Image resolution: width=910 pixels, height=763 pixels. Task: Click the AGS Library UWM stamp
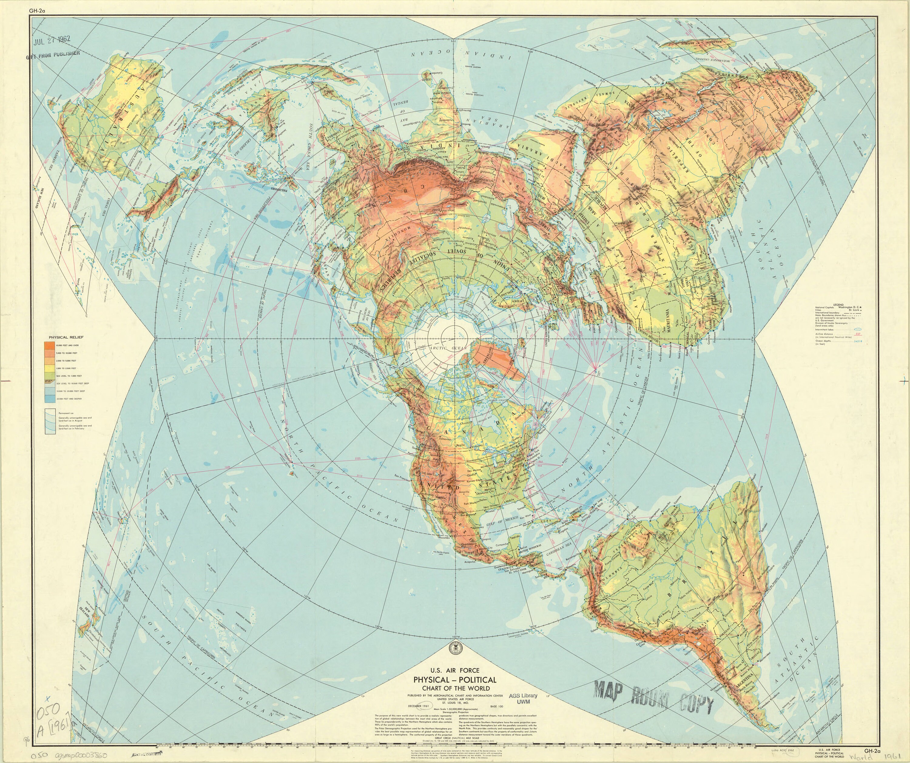point(523,698)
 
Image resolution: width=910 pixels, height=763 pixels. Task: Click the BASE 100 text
point(497,706)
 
